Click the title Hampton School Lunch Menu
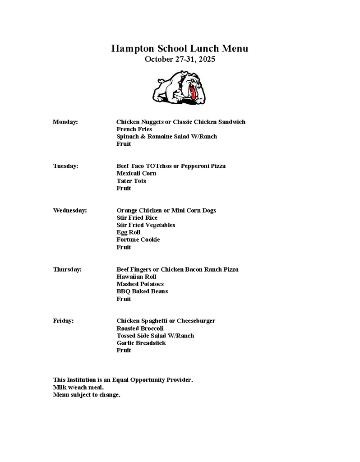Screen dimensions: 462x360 pos(180,49)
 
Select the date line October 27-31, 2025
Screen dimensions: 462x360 pos(180,59)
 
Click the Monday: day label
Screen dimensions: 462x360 pos(65,122)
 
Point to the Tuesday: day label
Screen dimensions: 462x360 pos(66,166)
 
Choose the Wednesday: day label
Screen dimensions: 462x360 pos(70,210)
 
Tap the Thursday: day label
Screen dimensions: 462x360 pos(68,269)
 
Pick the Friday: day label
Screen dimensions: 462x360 pos(64,321)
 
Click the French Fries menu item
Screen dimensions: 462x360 pos(134,129)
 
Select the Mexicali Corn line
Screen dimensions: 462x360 pos(136,173)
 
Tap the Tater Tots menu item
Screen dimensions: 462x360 pos(131,181)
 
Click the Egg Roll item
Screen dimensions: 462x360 pos(129,232)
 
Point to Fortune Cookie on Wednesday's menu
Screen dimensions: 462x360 pos(138,240)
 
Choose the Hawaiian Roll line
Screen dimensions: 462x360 pos(136,277)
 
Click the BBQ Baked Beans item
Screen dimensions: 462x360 pos(142,291)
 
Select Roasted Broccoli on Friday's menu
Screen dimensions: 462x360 pos(140,328)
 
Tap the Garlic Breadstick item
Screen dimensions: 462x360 pos(141,343)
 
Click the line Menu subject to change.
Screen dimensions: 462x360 pos(87,395)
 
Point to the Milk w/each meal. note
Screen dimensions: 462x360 pos(78,387)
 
